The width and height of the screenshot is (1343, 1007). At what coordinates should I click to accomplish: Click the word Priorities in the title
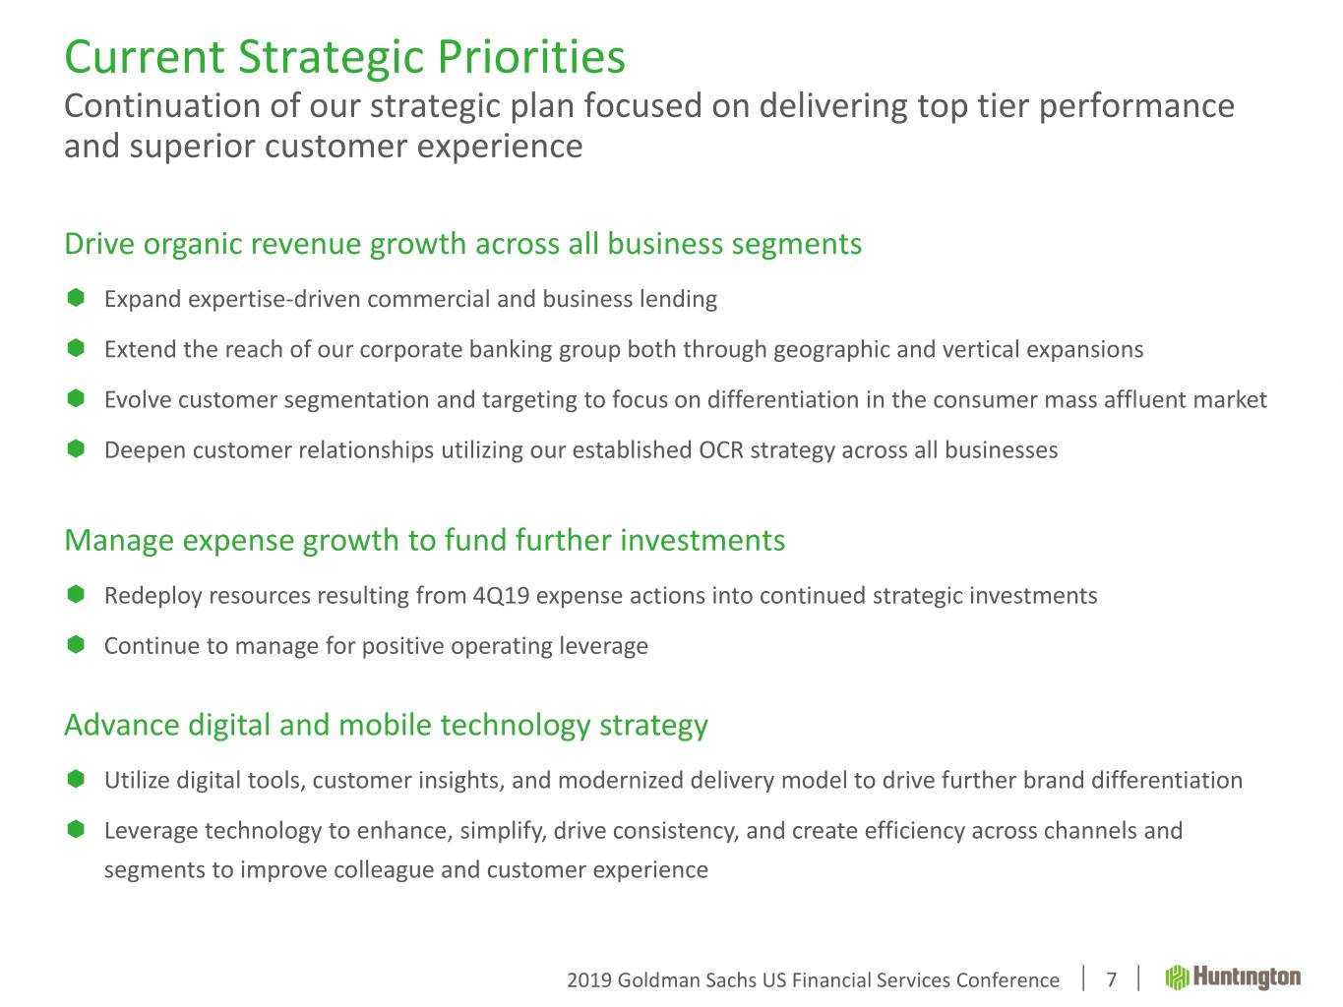[x=531, y=57]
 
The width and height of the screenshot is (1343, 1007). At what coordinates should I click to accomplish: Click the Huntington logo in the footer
[x=1233, y=977]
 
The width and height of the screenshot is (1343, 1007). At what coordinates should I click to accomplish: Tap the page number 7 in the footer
[x=1111, y=979]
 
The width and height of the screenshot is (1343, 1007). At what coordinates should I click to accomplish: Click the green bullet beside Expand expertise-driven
[x=76, y=298]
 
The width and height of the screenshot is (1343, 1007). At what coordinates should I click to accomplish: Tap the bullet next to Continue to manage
[x=76, y=644]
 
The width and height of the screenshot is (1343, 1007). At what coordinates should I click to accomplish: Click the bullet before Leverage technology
[x=76, y=830]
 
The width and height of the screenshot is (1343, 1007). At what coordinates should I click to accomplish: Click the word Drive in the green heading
[x=99, y=244]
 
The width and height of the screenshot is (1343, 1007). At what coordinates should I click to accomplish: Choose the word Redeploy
[x=153, y=596]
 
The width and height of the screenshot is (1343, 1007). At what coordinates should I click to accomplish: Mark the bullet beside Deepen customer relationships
[x=76, y=449]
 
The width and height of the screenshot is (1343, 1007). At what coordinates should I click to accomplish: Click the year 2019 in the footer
[x=589, y=980]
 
